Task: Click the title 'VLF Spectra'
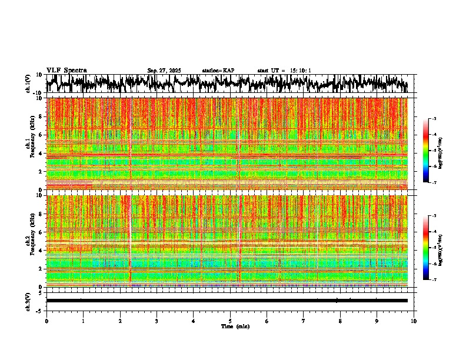tap(66, 70)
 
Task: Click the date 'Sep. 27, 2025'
tap(164, 71)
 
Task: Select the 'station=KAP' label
tap(218, 71)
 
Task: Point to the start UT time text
tap(284, 71)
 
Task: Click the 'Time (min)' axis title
tap(235, 326)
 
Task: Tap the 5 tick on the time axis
tap(230, 321)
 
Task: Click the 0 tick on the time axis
tap(46, 321)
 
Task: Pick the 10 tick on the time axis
tap(414, 321)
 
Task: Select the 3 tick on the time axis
tap(157, 321)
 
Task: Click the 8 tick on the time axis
tap(340, 321)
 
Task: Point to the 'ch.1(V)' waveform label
tap(28, 84)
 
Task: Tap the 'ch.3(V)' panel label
tap(28, 300)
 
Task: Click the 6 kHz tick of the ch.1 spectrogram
tap(41, 135)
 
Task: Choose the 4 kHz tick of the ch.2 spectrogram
tap(41, 250)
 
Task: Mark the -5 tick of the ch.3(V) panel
tap(39, 310)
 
